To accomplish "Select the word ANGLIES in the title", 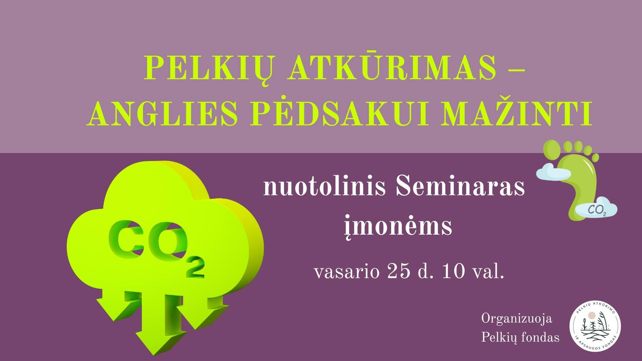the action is point(162,114).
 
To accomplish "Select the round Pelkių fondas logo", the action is point(595,327).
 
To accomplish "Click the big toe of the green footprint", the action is point(552,150).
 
